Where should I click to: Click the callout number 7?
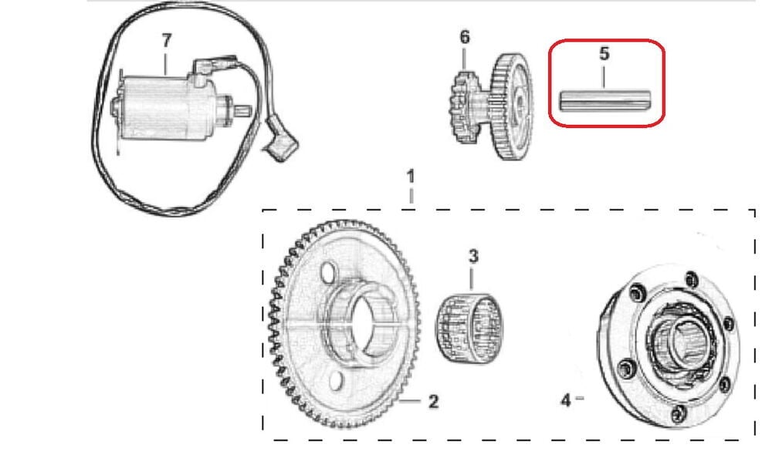167,41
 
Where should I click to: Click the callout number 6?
464,37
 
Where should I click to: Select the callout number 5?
604,54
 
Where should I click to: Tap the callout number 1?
411,177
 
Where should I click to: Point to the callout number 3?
473,256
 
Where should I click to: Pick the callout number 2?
434,401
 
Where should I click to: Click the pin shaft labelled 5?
605,101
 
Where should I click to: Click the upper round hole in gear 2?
327,273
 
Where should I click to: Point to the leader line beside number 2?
411,401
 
